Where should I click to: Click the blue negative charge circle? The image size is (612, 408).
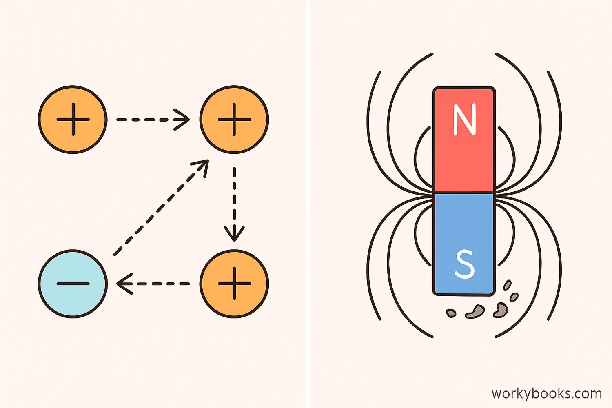pyautogui.click(x=73, y=284)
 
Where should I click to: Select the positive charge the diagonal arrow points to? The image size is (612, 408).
pyautogui.click(x=234, y=120)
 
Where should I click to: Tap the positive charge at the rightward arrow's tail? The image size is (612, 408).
pyautogui.click(x=73, y=120)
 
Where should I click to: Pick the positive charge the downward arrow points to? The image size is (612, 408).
pyautogui.click(x=234, y=284)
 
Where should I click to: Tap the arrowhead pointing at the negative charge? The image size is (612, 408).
pyautogui.click(x=124, y=284)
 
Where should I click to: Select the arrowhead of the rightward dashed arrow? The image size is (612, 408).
pyautogui.click(x=183, y=120)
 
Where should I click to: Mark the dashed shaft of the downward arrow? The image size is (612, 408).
pyautogui.click(x=234, y=196)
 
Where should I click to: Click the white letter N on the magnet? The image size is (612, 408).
pyautogui.click(x=464, y=119)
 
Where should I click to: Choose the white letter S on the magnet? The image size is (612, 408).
pyautogui.click(x=464, y=264)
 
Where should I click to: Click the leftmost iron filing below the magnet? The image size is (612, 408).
pyautogui.click(x=451, y=313)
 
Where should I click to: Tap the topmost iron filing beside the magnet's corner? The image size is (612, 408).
pyautogui.click(x=507, y=285)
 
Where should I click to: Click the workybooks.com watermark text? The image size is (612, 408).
pyautogui.click(x=546, y=394)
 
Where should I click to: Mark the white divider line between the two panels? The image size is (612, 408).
pyautogui.click(x=308, y=204)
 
